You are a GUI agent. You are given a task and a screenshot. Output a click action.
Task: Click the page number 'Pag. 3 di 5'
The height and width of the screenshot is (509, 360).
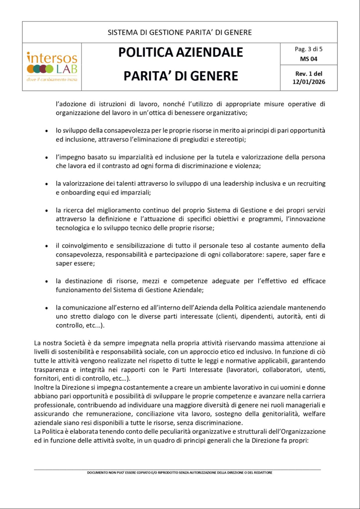click(308, 49)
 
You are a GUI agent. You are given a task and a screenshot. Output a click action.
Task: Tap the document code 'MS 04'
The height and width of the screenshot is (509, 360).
click(308, 59)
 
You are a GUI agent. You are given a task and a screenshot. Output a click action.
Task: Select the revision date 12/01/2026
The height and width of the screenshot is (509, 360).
click(308, 82)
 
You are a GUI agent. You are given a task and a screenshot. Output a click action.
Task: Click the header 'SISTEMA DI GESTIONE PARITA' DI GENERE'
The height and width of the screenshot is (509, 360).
click(180, 33)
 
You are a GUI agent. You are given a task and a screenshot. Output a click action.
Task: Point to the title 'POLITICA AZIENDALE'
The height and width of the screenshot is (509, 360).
click(180, 52)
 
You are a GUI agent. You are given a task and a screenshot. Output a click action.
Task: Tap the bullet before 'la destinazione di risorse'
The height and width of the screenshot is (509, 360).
click(47, 282)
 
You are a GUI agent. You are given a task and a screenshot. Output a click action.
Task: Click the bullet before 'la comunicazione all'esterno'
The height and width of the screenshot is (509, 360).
click(47, 308)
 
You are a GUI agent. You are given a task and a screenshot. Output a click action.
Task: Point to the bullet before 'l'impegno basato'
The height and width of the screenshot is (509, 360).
click(47, 158)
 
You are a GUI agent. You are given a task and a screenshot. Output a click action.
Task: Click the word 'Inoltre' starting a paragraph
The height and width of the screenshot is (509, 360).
click(44, 387)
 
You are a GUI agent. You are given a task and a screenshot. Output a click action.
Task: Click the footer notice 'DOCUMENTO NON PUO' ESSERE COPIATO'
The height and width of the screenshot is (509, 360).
click(180, 473)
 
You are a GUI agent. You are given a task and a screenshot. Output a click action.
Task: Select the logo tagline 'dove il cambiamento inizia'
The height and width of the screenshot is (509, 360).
click(52, 80)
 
